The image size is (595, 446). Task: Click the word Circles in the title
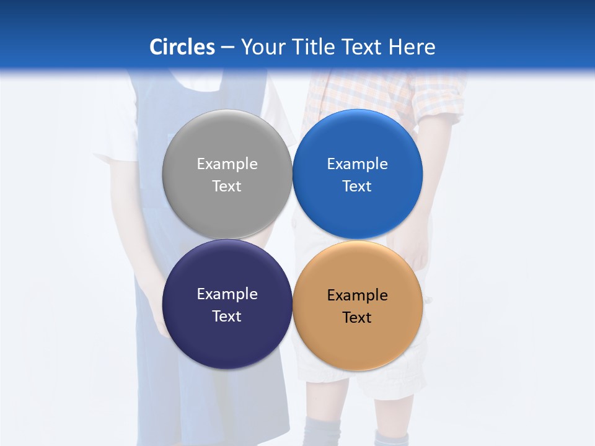(182, 47)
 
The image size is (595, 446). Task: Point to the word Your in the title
(263, 47)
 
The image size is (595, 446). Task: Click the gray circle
(227, 139)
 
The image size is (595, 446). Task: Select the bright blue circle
(358, 139)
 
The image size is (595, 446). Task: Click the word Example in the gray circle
(227, 164)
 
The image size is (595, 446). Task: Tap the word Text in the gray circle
(227, 186)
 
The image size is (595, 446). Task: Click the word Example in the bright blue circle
(358, 164)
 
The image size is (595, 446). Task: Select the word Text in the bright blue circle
(358, 186)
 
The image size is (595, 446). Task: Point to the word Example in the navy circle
(227, 294)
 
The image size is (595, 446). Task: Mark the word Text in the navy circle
(227, 317)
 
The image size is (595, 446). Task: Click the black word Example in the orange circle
(358, 295)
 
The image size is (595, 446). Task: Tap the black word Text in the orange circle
(358, 318)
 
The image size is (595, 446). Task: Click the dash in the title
(227, 48)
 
